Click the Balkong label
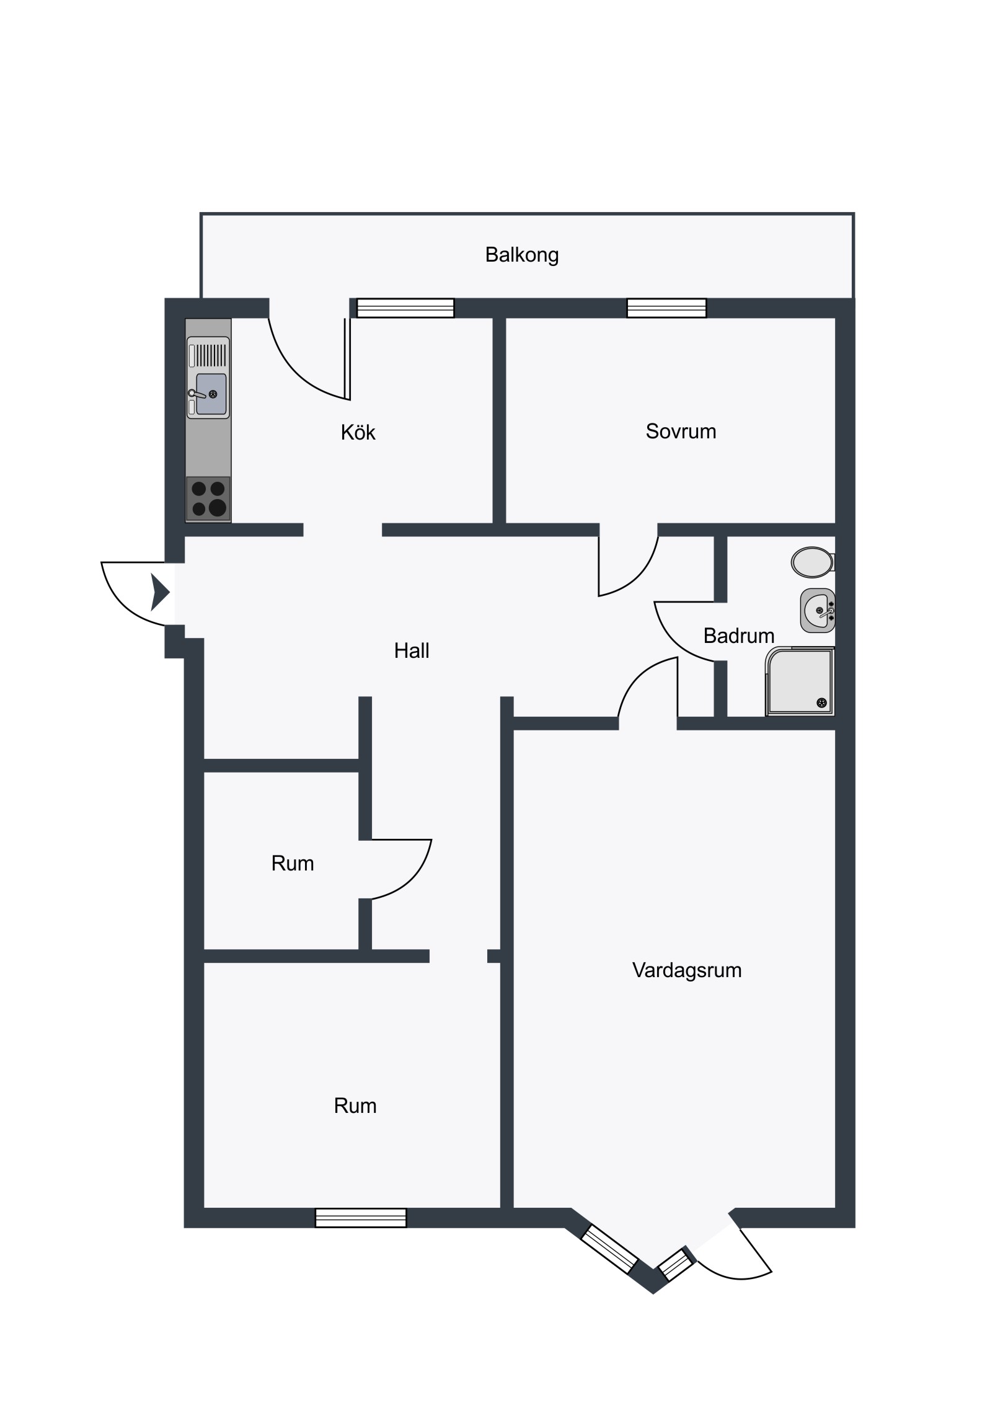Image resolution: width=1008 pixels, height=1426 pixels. [522, 255]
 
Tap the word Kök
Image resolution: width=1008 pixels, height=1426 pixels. [358, 432]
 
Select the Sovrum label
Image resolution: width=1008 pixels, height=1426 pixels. [681, 431]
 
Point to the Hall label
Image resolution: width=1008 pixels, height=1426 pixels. [412, 650]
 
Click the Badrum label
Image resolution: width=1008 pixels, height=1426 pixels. [738, 635]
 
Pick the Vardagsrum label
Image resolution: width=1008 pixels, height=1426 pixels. [687, 970]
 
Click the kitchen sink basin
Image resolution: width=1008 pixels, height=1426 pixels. [211, 394]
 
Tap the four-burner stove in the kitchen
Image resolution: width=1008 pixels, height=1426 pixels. [208, 498]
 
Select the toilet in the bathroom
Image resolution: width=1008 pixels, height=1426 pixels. [813, 562]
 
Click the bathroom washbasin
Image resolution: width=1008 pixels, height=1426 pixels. [817, 611]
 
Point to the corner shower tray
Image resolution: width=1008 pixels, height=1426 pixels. [800, 681]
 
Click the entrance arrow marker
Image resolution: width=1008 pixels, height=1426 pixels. [159, 592]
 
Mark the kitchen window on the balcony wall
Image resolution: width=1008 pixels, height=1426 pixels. [405, 308]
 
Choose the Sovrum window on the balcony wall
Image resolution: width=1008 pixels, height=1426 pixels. [666, 308]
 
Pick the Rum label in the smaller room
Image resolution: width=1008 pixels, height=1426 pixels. [293, 863]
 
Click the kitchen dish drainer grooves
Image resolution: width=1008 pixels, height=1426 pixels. [211, 355]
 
